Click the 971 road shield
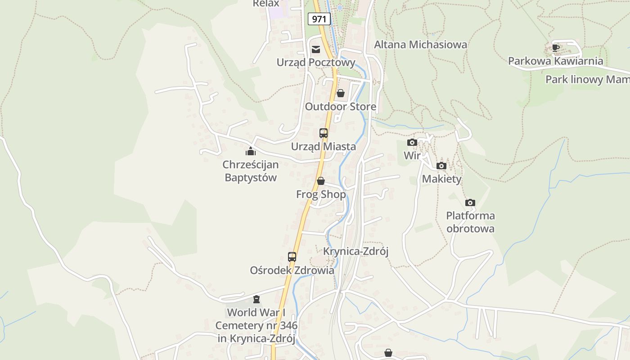tap(319, 19)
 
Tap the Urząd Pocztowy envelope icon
tap(316, 49)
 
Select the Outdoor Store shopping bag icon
tap(341, 93)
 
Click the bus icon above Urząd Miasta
tap(324, 133)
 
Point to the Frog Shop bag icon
tap(321, 181)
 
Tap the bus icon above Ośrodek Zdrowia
tap(292, 257)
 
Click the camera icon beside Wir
tap(412, 143)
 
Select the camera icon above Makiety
tap(441, 166)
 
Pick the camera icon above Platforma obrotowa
tap(470, 202)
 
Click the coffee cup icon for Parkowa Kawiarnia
tap(556, 48)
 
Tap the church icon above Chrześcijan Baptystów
tap(251, 151)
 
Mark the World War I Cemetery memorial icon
tap(256, 299)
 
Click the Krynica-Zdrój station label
tap(356, 251)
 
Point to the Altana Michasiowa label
tap(421, 45)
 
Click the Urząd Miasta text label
tap(323, 147)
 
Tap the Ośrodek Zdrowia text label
tap(292, 270)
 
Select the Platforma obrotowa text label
tap(470, 222)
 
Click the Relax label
tap(266, 4)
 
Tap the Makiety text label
tap(441, 179)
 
